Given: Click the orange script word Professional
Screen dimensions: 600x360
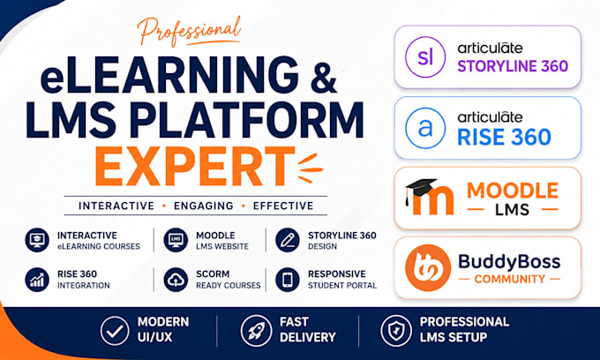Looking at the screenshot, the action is (190, 32).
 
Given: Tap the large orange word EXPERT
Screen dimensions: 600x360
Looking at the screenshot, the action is (194, 167).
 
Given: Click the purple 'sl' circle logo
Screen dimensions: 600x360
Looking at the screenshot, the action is (425, 57).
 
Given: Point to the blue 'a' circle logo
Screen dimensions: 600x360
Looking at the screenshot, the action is (425, 128).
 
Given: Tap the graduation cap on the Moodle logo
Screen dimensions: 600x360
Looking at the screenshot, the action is (420, 189).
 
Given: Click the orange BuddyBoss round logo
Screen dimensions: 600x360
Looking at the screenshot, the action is (428, 268).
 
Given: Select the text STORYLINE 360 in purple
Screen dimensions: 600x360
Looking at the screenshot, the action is (513, 66).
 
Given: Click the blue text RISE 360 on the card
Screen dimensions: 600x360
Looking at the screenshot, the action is (505, 137).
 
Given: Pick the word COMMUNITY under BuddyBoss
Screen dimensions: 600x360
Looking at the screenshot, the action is (509, 279).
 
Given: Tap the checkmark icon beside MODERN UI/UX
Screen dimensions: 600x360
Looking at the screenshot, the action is (115, 331).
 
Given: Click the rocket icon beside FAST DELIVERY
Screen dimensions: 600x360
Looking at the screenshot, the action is (256, 331).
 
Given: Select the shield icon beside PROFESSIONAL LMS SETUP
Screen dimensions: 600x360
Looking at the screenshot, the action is (396, 331).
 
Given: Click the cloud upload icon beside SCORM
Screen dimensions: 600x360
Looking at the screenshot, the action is (176, 280).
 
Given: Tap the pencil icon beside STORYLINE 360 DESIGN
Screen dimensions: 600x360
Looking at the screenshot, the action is (288, 240).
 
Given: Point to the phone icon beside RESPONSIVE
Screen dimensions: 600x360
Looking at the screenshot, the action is (288, 280).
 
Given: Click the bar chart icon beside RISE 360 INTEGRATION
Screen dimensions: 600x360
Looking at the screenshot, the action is (37, 280).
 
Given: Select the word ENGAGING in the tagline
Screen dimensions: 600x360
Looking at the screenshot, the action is (204, 206).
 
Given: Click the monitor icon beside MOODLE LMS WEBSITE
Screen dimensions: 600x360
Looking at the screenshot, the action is (176, 240).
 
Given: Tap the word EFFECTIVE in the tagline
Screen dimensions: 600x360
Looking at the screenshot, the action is (283, 206).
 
